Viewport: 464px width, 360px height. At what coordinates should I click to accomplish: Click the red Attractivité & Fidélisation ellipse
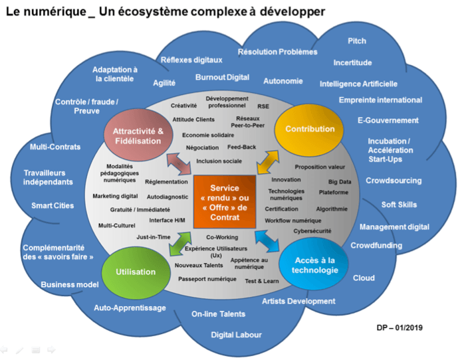(138, 135)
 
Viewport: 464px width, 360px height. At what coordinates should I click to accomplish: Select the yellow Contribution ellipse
(309, 129)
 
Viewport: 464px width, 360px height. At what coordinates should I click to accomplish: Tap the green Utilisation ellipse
(136, 272)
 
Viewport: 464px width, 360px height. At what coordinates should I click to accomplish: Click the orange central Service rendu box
(224, 198)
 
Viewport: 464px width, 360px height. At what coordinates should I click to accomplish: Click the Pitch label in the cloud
(357, 41)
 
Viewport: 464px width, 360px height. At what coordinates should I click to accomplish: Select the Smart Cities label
(52, 206)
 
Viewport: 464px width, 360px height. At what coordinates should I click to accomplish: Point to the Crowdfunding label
(376, 245)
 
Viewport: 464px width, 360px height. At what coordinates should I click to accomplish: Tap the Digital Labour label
(237, 335)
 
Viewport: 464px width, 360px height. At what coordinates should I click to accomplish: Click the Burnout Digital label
(222, 78)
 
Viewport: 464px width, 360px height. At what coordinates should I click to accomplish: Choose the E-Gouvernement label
(388, 120)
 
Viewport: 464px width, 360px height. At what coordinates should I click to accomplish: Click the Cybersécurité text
(312, 231)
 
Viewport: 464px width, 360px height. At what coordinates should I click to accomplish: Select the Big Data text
(340, 181)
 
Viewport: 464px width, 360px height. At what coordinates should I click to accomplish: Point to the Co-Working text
(222, 237)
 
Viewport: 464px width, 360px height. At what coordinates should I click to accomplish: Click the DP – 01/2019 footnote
(399, 327)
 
